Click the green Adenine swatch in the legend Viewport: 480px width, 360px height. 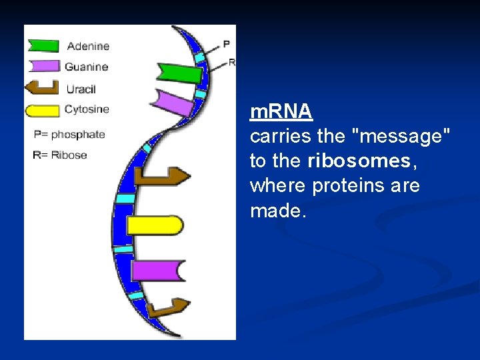point(43,46)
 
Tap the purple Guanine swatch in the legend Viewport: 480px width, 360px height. point(43,66)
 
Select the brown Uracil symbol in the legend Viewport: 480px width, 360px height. point(42,88)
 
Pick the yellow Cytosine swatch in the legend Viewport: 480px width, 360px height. point(42,111)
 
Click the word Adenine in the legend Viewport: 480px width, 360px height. point(88,46)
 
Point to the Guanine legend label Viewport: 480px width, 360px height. point(86,67)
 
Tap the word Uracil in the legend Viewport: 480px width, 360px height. point(81,89)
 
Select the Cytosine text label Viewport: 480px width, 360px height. point(87,109)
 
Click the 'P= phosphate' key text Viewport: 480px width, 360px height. point(69,134)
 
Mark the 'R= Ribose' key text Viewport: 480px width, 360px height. point(60,155)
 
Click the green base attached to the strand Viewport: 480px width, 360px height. point(179,72)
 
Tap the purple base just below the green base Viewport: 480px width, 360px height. point(172,102)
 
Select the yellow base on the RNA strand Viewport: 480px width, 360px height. point(155,225)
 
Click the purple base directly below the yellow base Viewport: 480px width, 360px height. point(157,270)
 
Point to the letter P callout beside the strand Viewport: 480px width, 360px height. point(226,44)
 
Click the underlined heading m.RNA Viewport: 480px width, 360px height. point(281,112)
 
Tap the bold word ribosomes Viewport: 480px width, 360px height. point(359,161)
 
